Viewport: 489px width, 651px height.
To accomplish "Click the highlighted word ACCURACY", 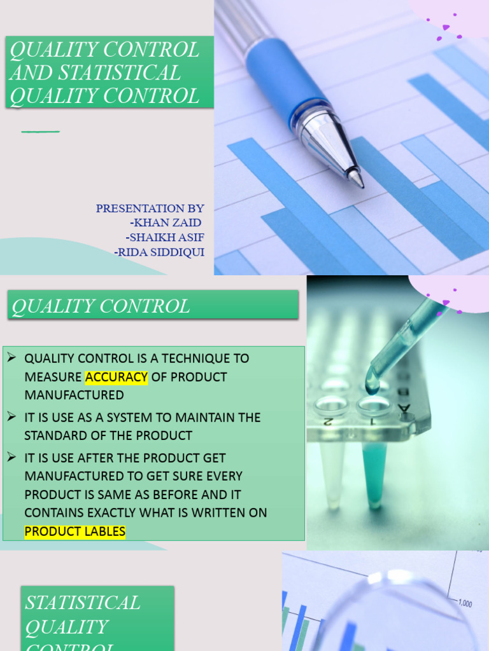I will tap(117, 377).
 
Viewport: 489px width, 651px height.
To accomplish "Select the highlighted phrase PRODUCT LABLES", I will tap(75, 531).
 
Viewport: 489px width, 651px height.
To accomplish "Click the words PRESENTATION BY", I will tap(150, 208).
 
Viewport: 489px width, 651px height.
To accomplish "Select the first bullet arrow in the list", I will tap(11, 358).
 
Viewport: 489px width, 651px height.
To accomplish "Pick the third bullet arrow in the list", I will tap(11, 457).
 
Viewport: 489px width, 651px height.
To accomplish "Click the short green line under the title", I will tap(40, 132).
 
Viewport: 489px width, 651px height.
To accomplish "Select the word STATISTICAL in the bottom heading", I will tap(82, 602).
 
